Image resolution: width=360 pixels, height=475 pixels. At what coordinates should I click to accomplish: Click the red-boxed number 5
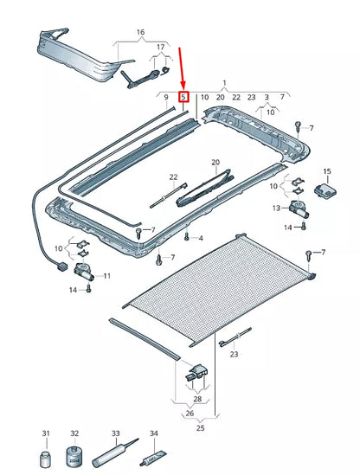(x=183, y=98)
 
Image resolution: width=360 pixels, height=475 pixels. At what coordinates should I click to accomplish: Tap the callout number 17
(x=157, y=47)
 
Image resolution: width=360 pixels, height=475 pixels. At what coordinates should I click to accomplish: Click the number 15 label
(x=326, y=172)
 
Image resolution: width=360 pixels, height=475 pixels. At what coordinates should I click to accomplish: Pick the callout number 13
(x=275, y=209)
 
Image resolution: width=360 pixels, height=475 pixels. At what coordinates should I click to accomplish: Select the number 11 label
(x=107, y=275)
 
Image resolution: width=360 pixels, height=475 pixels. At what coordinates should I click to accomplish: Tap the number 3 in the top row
(x=266, y=98)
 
